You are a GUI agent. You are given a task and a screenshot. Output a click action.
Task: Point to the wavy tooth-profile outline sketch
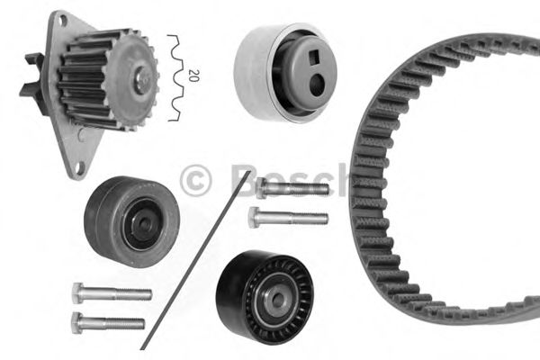coord(175,78)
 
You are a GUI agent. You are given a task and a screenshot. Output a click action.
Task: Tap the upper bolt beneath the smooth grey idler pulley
coord(111,293)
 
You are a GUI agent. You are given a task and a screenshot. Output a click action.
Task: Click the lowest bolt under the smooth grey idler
coord(107,321)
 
